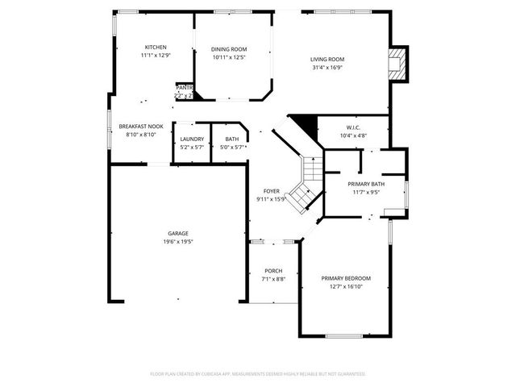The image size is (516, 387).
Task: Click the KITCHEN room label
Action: tap(156, 47)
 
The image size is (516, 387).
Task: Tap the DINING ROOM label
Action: tap(229, 48)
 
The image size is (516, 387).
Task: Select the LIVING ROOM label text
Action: tap(327, 59)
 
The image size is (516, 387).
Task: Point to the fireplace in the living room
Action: tap(397, 64)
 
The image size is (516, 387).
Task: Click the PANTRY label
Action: tap(184, 87)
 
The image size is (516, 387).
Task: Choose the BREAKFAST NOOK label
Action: tap(141, 127)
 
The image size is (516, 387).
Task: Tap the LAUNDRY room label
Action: tap(192, 139)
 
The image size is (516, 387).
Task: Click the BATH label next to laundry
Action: tap(232, 139)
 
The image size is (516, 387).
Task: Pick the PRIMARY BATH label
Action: tap(366, 184)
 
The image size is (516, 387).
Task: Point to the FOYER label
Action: tap(271, 191)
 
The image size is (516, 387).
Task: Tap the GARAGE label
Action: tap(178, 233)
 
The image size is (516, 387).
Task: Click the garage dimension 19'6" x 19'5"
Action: tap(178, 241)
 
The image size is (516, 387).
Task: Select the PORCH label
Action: tap(272, 271)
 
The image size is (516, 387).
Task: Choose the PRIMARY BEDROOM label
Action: tap(346, 278)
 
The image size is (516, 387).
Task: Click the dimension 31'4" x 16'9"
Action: tap(327, 67)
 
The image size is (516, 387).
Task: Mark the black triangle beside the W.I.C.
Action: tap(302, 123)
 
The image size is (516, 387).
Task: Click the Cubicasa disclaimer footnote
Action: tap(258, 374)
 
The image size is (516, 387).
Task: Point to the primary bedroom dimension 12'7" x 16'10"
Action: tap(346, 286)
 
